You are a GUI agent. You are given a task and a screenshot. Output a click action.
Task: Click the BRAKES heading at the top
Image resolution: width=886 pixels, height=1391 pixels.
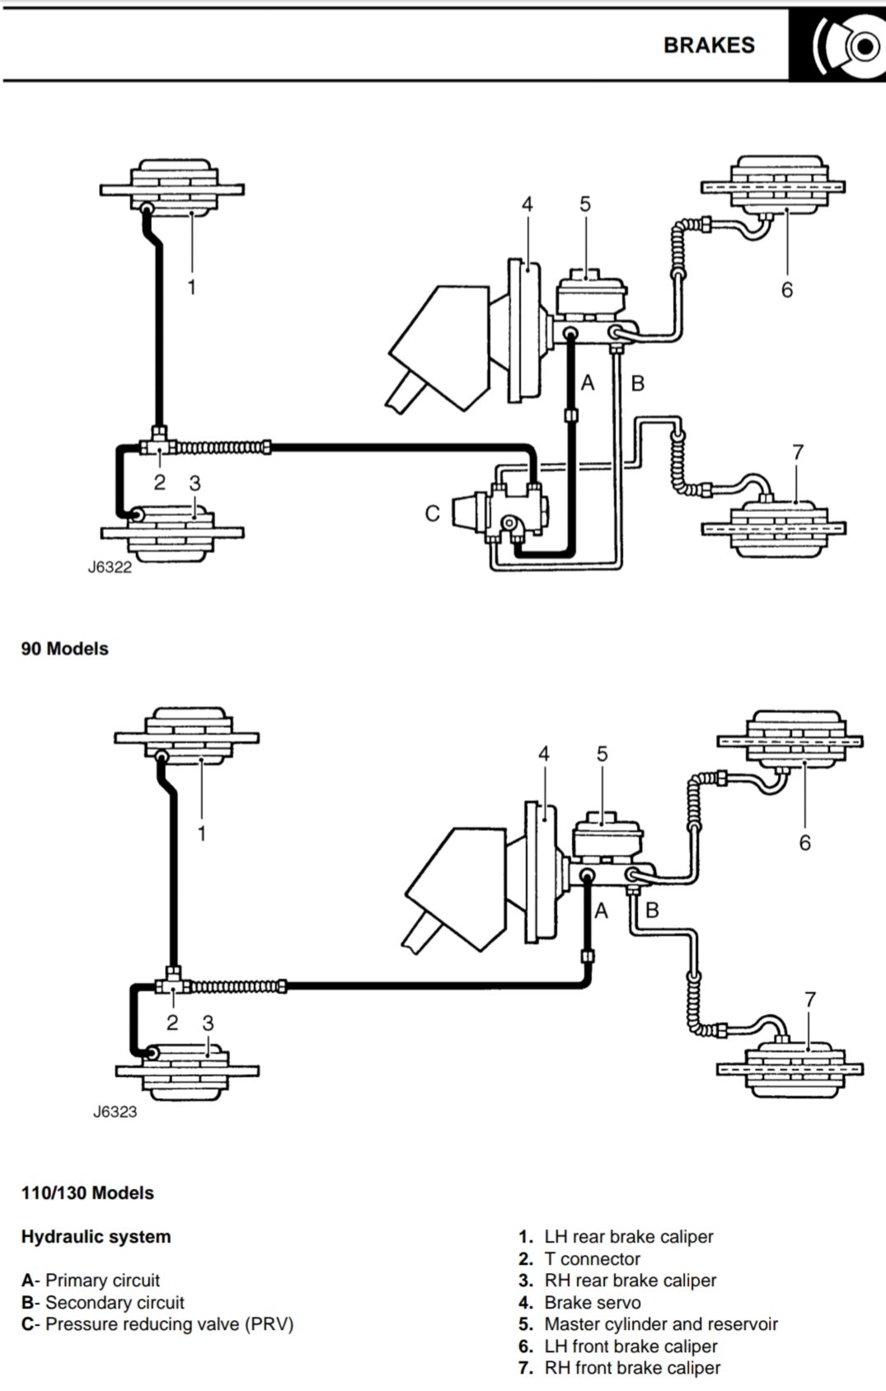(x=709, y=45)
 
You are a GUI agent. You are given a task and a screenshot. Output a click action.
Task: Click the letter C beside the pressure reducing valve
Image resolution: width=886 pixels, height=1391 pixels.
(x=433, y=514)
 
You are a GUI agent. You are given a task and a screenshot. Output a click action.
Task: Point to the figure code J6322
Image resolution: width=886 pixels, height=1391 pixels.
(x=110, y=567)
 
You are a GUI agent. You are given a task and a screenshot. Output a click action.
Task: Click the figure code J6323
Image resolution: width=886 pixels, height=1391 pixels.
(x=115, y=1111)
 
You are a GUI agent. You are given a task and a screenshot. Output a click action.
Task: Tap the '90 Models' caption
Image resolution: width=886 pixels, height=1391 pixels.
(x=65, y=649)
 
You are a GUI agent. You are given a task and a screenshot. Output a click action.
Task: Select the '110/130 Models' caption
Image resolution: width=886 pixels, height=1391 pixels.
(x=87, y=1193)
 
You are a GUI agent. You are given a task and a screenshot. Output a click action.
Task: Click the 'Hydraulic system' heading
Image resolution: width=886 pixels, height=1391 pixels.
(x=96, y=1237)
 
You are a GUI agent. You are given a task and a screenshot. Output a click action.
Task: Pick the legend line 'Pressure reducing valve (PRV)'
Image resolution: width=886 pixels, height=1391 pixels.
(x=157, y=1324)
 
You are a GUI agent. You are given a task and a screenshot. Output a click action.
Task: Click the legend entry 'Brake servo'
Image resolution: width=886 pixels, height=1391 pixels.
(x=591, y=1303)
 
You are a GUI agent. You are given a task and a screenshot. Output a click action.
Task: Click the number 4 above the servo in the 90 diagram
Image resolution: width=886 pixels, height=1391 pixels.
(x=527, y=204)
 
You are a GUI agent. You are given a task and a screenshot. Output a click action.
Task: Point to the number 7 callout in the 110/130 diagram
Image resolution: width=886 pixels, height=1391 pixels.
(x=810, y=999)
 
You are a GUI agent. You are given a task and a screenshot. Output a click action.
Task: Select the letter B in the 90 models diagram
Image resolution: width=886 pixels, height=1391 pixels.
(x=637, y=383)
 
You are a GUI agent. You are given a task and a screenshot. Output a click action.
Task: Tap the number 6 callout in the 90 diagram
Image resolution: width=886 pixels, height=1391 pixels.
(x=787, y=289)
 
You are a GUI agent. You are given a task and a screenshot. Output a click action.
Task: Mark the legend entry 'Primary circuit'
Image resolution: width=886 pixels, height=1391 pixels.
(x=91, y=1281)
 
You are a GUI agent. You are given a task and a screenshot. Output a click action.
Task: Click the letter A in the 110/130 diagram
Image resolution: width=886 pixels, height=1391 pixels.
(x=602, y=910)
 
